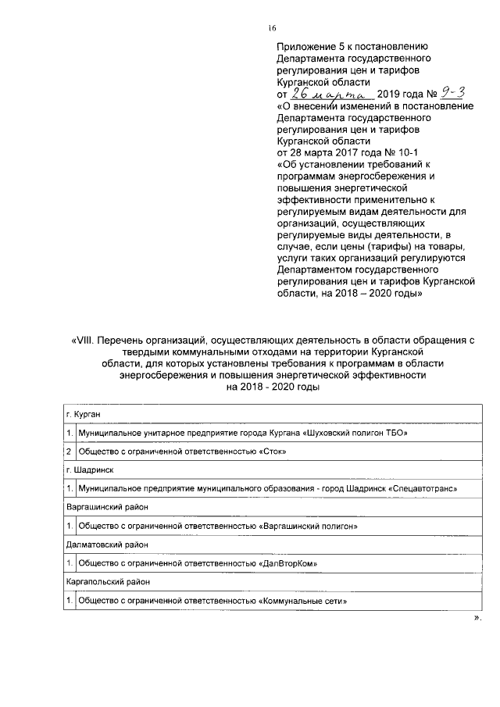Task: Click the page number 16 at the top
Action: [273, 29]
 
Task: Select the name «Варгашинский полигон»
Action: [307, 527]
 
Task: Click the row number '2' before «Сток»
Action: [69, 452]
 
